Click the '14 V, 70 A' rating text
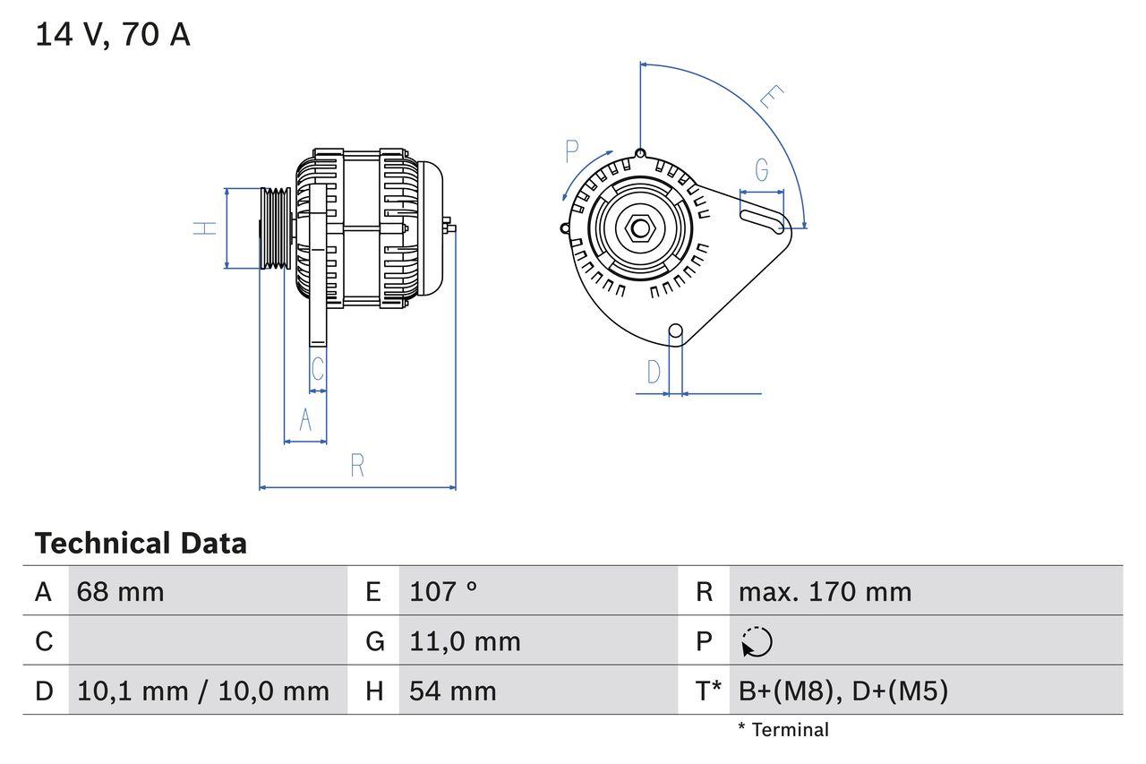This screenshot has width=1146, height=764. pyautogui.click(x=113, y=35)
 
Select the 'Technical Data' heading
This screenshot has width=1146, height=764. pyautogui.click(x=141, y=543)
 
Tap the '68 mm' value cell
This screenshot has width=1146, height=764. pyautogui.click(x=121, y=591)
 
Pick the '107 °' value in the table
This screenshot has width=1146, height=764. pyautogui.click(x=443, y=591)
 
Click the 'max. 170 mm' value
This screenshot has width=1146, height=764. pyautogui.click(x=825, y=591)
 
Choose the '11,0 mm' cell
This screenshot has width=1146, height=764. pyautogui.click(x=465, y=641)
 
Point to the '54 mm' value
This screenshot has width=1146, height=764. pyautogui.click(x=452, y=691)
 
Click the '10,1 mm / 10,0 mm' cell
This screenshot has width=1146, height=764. pyautogui.click(x=203, y=691)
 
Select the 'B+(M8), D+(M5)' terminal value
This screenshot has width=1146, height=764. pyautogui.click(x=842, y=691)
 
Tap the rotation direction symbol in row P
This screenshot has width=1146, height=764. pyautogui.click(x=757, y=642)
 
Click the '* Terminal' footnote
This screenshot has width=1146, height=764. pyautogui.click(x=783, y=730)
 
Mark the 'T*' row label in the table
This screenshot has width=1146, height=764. pyautogui.click(x=708, y=691)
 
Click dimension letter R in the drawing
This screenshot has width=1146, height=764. pyautogui.click(x=357, y=466)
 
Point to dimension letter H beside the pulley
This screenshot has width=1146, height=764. pyautogui.click(x=206, y=227)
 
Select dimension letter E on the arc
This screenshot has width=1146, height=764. pyautogui.click(x=771, y=98)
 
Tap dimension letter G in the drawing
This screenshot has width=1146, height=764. pyautogui.click(x=762, y=169)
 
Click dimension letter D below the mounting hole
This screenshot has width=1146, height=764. pyautogui.click(x=654, y=371)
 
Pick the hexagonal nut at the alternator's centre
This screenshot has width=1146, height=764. pyautogui.click(x=639, y=227)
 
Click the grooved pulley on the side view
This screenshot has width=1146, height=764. pyautogui.click(x=275, y=227)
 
